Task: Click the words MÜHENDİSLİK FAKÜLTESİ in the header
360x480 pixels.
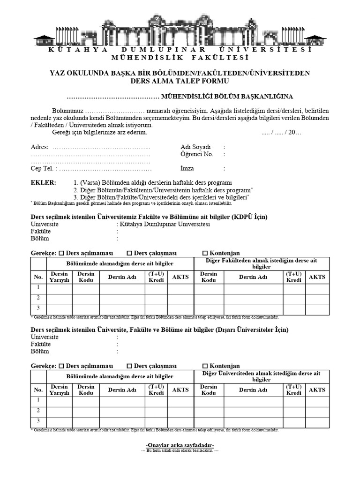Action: [180, 58]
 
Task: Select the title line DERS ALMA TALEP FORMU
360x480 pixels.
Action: [180, 81]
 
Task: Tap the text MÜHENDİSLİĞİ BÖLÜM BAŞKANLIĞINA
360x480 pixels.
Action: [227, 97]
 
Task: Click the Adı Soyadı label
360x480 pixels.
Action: [195, 147]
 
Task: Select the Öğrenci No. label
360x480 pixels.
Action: [196, 154]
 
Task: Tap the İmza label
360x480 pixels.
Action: [187, 168]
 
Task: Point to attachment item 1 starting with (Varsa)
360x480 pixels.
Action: [153, 182]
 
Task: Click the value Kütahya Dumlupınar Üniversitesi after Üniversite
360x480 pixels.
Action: [165, 224]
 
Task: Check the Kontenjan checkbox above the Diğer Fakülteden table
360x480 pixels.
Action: [205, 253]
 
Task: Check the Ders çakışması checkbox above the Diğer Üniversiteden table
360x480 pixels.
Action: [129, 366]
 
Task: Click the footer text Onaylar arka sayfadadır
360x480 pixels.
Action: [180, 444]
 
